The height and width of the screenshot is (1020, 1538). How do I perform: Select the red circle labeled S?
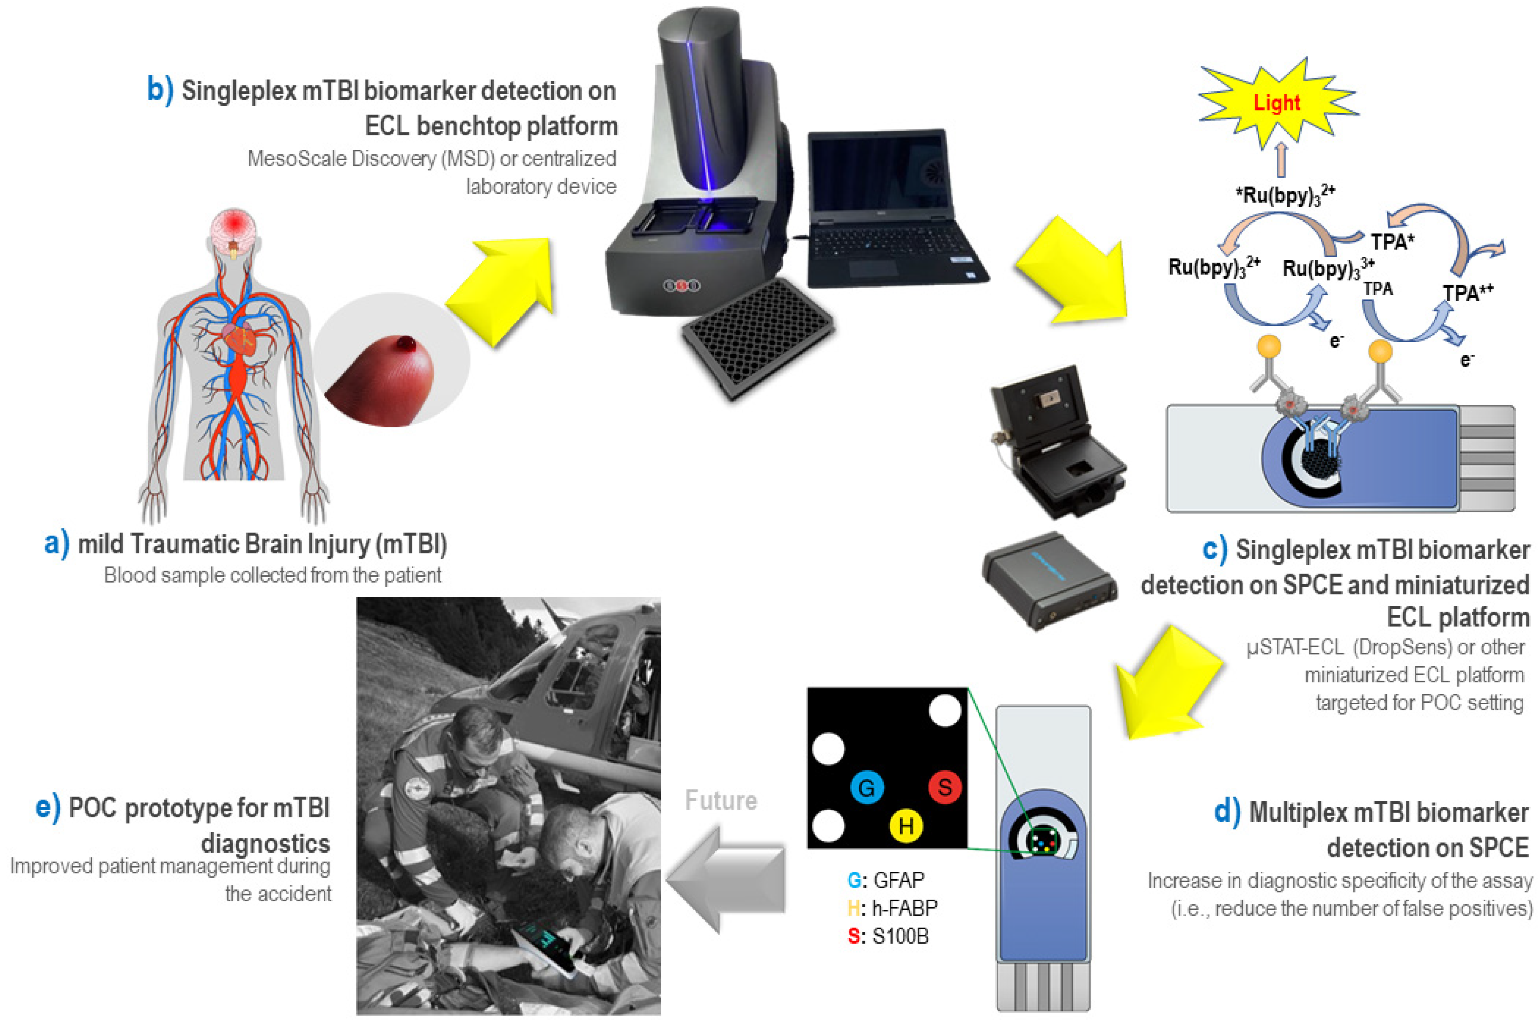944,787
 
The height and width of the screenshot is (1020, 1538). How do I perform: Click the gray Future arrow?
725,878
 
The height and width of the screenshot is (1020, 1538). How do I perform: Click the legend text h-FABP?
904,908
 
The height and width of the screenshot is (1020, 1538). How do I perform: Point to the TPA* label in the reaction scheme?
1392,242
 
